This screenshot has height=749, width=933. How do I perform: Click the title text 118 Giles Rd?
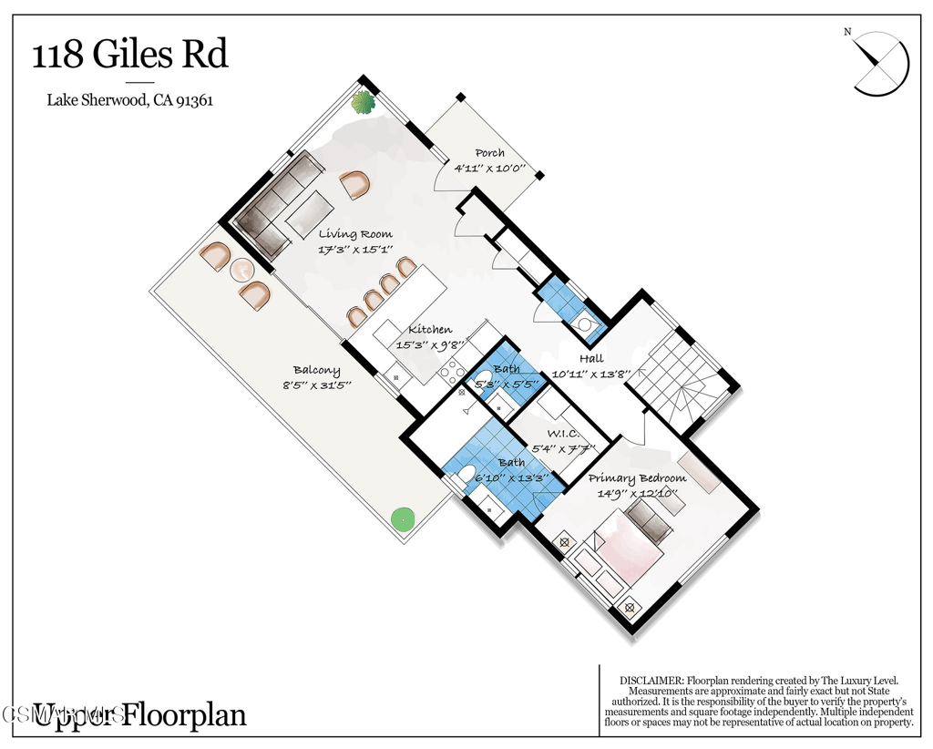[x=129, y=56]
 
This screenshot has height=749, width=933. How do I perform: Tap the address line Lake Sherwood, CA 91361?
[x=129, y=100]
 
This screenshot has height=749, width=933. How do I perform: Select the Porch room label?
[x=489, y=153]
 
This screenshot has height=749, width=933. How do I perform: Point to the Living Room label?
[x=355, y=234]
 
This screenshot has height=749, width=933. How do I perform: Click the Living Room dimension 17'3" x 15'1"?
[x=355, y=249]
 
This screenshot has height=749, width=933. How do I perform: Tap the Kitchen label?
[x=430, y=330]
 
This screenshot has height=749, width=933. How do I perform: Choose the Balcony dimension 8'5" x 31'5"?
[x=317, y=385]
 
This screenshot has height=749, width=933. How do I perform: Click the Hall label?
[x=590, y=359]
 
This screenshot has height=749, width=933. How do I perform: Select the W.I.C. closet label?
[x=564, y=434]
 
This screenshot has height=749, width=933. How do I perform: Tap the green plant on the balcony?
[x=401, y=519]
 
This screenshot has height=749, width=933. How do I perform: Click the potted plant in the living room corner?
[x=364, y=101]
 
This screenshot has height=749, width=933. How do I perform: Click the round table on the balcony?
[x=241, y=270]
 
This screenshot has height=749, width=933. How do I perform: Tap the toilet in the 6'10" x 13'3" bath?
[x=464, y=473]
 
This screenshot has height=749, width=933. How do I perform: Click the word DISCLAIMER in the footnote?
[x=651, y=681]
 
